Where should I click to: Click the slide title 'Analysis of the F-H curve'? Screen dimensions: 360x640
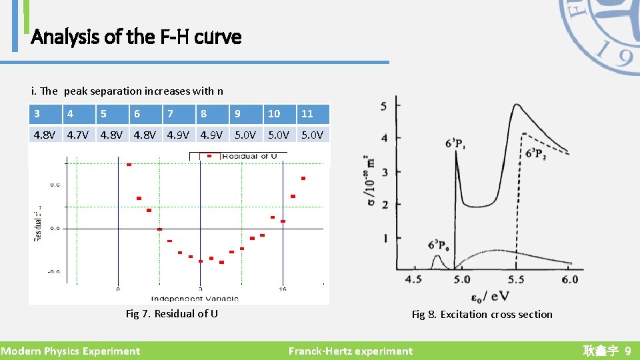[x=136, y=37]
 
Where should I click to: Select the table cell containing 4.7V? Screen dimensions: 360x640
[x=77, y=135]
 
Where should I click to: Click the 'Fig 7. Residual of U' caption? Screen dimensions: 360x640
[x=172, y=313]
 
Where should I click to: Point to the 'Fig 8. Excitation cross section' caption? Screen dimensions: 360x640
[x=482, y=314]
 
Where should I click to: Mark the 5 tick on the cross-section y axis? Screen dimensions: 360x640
[x=384, y=107]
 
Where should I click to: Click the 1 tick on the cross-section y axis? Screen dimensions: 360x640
[x=385, y=238]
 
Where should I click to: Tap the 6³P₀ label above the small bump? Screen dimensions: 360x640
[x=437, y=244]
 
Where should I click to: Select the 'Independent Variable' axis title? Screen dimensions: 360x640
[x=195, y=298]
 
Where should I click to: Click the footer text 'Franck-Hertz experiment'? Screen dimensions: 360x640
[x=351, y=351]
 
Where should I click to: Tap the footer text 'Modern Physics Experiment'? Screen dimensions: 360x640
[x=71, y=351]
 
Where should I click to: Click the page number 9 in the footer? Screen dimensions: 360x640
[x=627, y=351]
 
